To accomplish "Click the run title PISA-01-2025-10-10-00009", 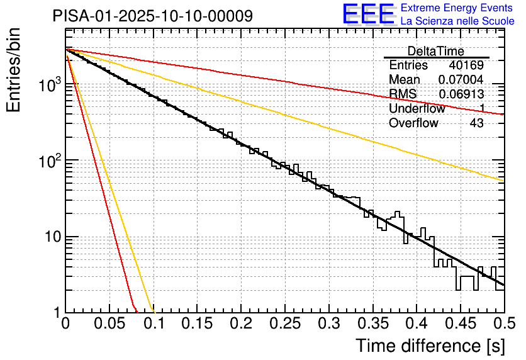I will tap(153, 16).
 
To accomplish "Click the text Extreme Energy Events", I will tap(457, 8).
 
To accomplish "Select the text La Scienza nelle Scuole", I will tap(457, 21).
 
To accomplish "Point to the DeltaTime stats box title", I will tap(435, 51).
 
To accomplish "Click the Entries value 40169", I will tap(466, 65).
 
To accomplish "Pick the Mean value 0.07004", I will tap(461, 80).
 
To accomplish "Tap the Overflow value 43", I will tap(476, 123).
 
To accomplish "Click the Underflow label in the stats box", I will tap(417, 109).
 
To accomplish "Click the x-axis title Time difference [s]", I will tap(430, 346).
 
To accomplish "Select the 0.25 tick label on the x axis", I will tap(285, 324).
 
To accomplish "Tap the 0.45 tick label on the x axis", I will tap(460, 324).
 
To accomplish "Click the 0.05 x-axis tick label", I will tap(109, 324).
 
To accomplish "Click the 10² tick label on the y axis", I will tap(48, 162).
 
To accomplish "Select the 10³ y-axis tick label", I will tap(48, 86).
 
